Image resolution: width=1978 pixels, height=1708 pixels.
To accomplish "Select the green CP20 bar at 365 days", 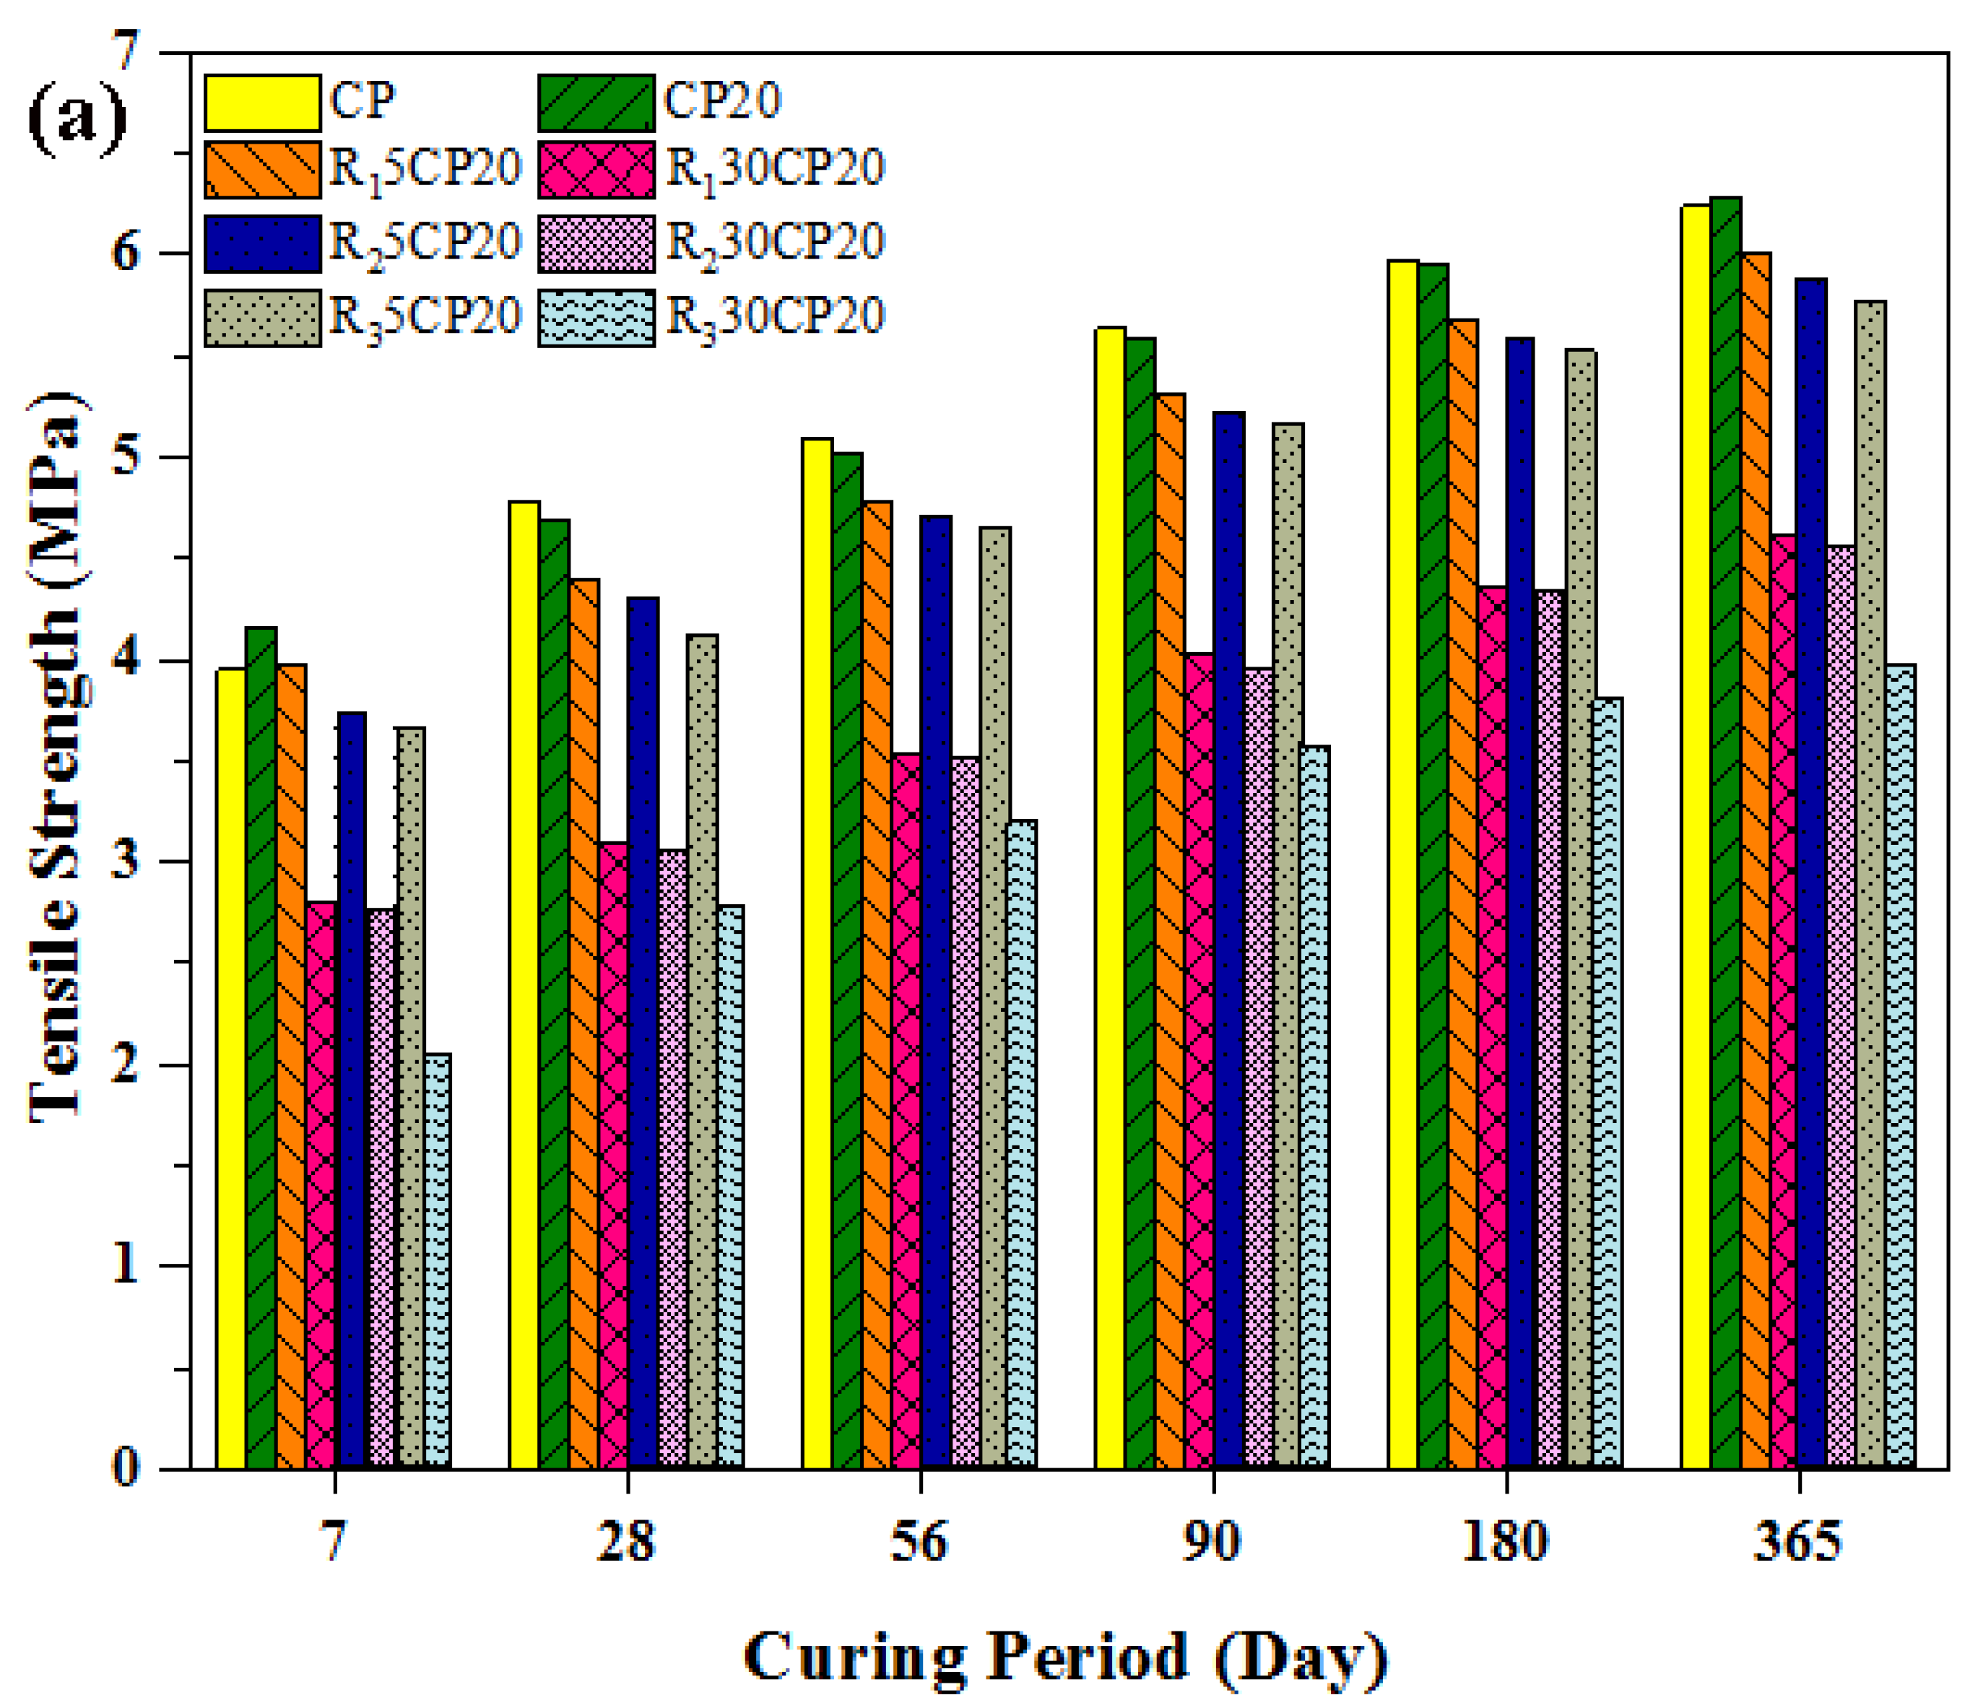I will click(1725, 831).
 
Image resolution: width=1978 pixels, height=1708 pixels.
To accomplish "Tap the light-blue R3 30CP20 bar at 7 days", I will click(438, 1260).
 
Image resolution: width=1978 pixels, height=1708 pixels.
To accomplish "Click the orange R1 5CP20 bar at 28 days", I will click(584, 1022).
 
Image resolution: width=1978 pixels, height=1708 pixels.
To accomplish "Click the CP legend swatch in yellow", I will click(263, 102).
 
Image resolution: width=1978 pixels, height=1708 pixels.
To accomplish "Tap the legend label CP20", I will click(723, 100).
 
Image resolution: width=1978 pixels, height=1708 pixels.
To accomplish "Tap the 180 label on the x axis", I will click(1506, 1542).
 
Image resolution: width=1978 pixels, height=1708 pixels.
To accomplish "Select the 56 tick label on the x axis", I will click(919, 1542).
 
